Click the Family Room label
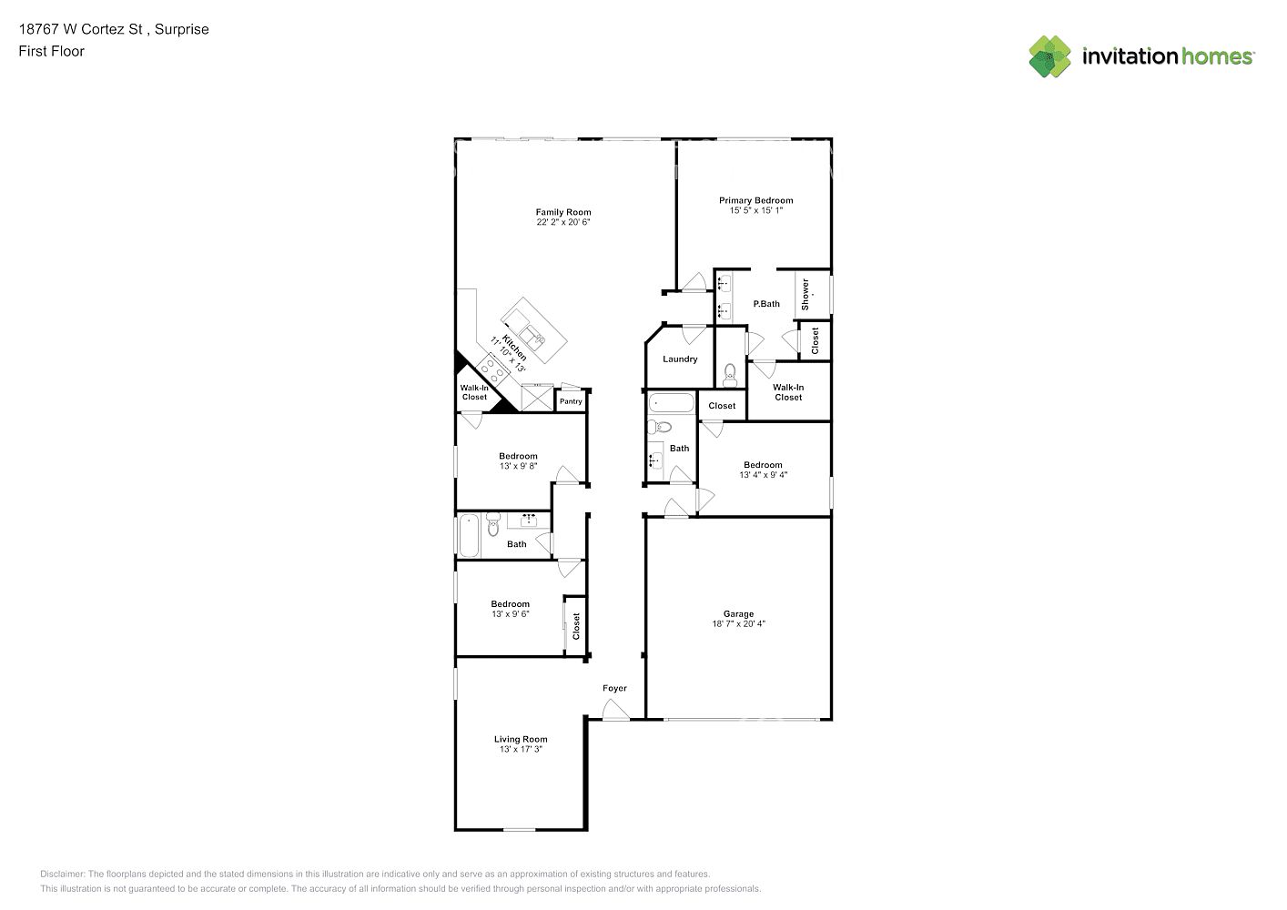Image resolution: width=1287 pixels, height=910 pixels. click(x=563, y=212)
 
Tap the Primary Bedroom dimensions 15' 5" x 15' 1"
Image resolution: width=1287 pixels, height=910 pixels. click(x=756, y=210)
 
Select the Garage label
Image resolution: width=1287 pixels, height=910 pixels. click(x=738, y=613)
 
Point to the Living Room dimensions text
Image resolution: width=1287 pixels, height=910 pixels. click(x=521, y=749)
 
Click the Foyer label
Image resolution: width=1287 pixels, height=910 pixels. click(x=614, y=688)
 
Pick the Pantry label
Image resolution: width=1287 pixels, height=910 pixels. click(x=571, y=401)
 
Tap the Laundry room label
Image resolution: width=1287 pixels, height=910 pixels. click(x=680, y=359)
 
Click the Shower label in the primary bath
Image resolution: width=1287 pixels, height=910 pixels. click(x=805, y=295)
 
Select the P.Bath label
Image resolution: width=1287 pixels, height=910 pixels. click(x=766, y=303)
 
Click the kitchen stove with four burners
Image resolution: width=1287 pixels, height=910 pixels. click(x=493, y=369)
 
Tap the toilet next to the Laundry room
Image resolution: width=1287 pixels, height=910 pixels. click(x=730, y=375)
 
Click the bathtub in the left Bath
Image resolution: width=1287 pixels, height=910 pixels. click(x=469, y=535)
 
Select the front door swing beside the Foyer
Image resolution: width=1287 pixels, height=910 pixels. click(x=615, y=710)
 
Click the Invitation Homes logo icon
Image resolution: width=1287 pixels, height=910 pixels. click(x=1049, y=56)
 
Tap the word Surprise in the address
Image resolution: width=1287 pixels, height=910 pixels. click(x=181, y=29)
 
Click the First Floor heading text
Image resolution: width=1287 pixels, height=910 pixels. click(x=51, y=51)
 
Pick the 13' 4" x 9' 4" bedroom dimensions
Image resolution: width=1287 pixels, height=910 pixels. click(x=763, y=474)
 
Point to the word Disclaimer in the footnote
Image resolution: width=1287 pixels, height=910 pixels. click(x=63, y=874)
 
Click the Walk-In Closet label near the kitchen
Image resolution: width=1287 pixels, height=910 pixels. click(x=474, y=392)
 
